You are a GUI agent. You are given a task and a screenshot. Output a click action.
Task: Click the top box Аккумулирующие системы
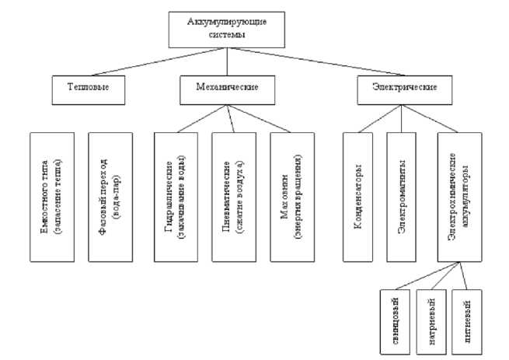click(227, 27)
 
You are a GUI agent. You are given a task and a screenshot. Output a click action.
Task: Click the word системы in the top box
click(227, 34)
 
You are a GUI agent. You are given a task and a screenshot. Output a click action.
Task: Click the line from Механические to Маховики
click(261, 117)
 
